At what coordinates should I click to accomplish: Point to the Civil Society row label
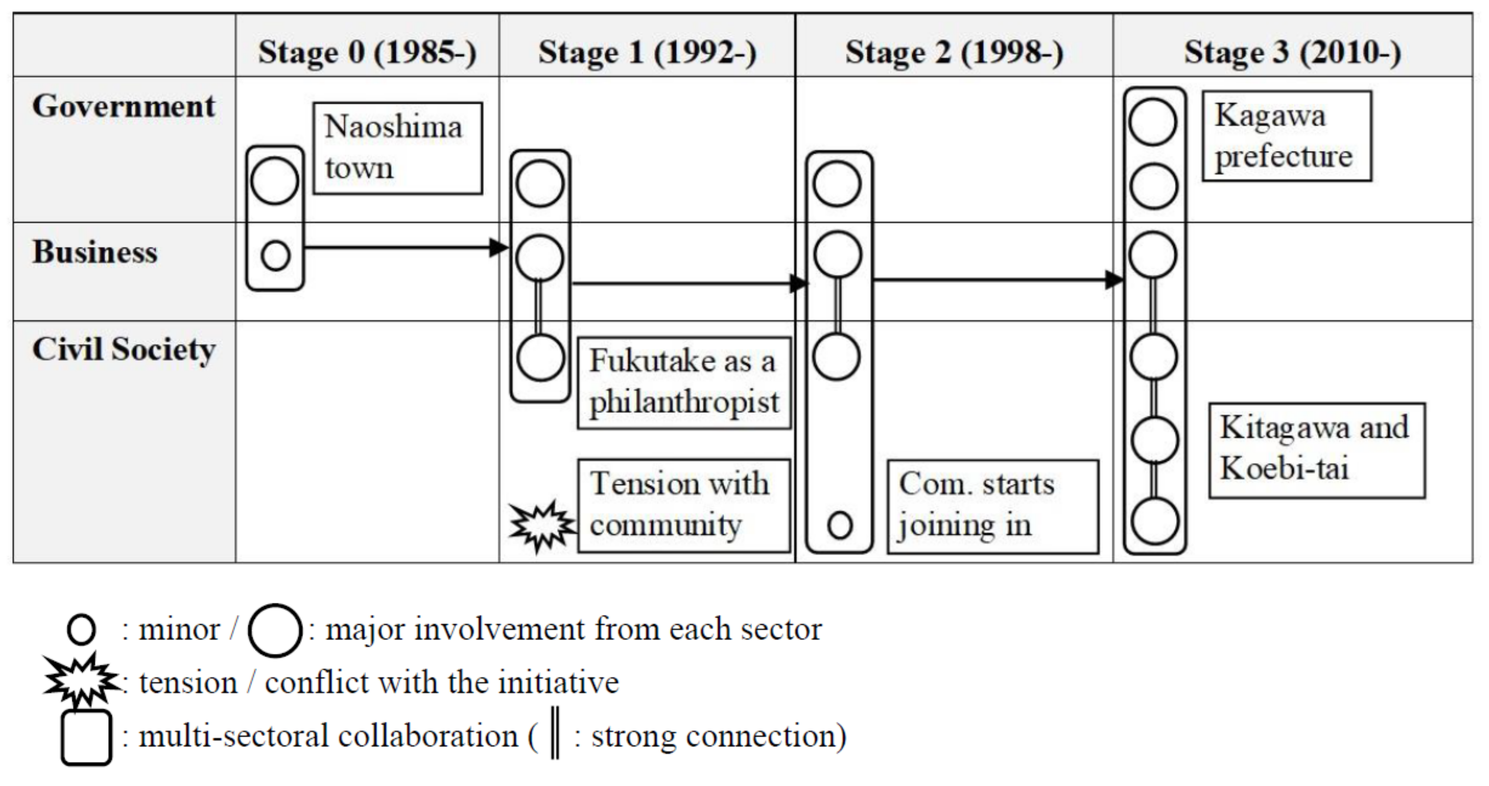pos(124,349)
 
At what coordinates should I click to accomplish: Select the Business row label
pos(95,252)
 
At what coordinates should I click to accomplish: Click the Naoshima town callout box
pos(397,148)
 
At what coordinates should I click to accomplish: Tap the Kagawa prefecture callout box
pos(1287,136)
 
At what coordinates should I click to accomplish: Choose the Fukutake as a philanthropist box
pos(684,383)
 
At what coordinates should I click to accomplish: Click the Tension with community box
pos(684,505)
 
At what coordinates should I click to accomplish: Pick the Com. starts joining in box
pos(992,506)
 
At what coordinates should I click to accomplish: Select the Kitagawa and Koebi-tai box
pos(1317,450)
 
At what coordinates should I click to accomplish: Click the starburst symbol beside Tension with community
pos(541,526)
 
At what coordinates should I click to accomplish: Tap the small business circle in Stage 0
pos(275,255)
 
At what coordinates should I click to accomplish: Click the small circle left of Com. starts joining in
pos(839,525)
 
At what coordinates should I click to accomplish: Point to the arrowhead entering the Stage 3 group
pos(1114,280)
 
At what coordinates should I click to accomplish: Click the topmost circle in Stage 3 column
pos(1152,122)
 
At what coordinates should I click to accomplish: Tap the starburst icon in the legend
pos(81,681)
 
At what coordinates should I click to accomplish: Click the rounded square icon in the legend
pos(86,738)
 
